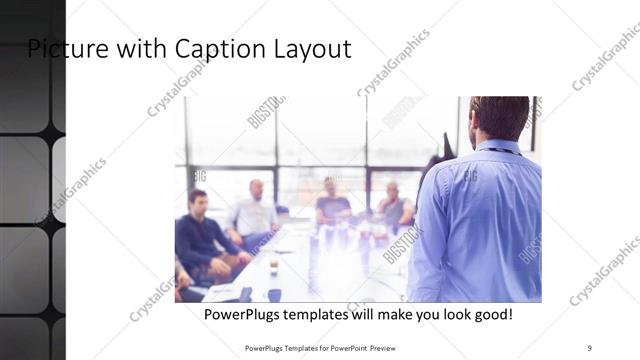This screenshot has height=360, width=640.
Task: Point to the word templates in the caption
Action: [322, 315]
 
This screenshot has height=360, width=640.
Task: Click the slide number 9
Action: [590, 347]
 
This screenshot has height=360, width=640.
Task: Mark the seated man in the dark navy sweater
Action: [203, 235]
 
